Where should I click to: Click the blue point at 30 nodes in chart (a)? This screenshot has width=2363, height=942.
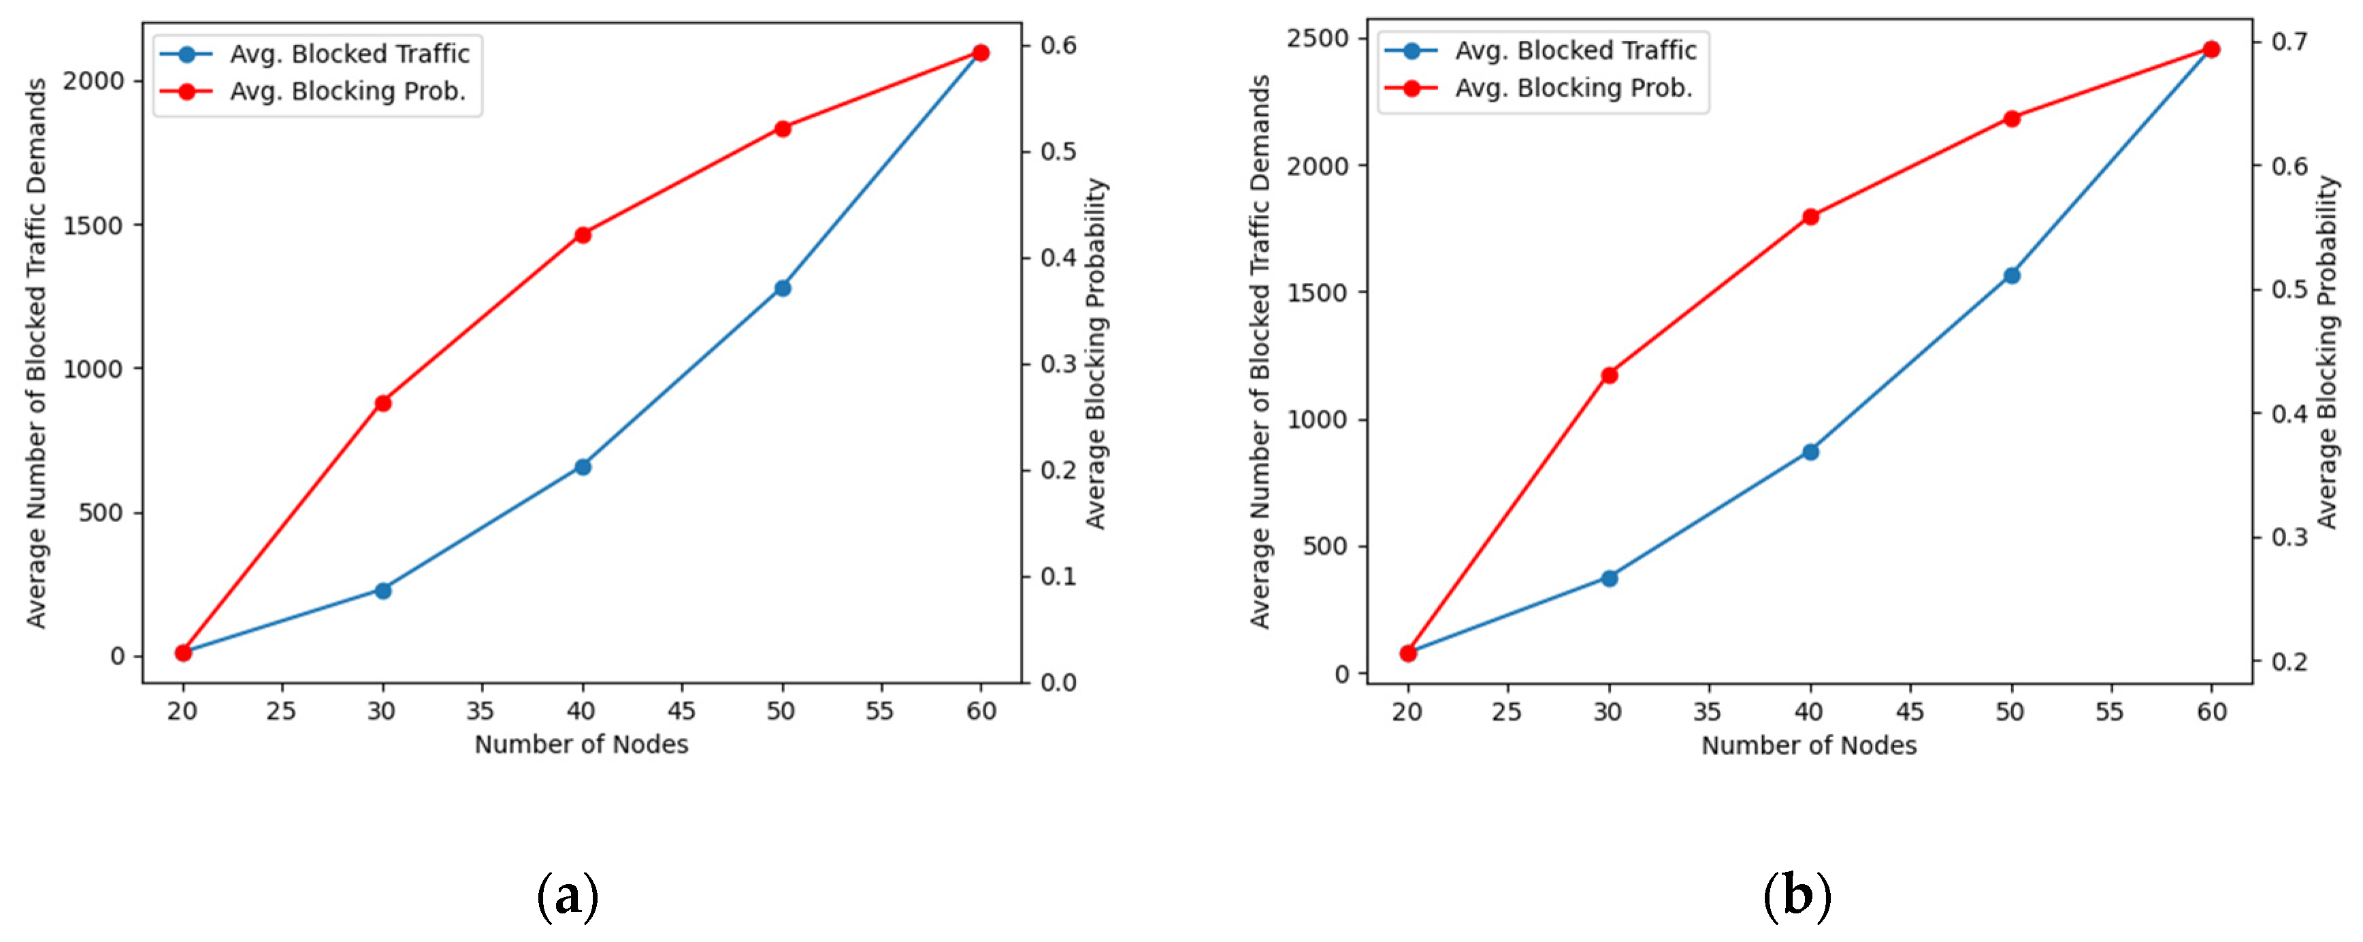pos(382,590)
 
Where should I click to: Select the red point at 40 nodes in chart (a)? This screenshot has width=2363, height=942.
pos(583,235)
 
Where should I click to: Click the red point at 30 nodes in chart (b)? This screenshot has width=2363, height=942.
pos(1609,375)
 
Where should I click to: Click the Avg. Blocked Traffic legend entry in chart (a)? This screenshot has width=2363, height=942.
pos(348,54)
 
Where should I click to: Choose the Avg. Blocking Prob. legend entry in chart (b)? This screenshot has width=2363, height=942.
pos(1574,88)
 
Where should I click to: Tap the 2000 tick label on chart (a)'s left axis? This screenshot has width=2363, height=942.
pos(92,81)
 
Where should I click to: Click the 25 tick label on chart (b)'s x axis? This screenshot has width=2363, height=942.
pos(1507,712)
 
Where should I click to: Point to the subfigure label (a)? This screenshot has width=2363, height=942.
pos(568,896)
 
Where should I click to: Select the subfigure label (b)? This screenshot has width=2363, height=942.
pos(1797,896)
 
